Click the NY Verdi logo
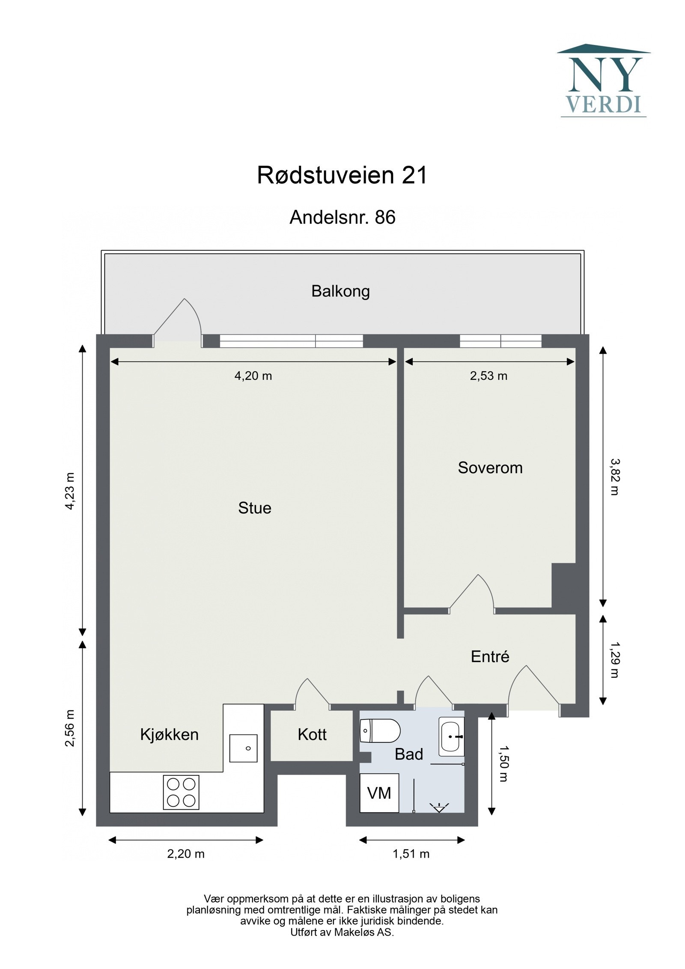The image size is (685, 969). tap(603, 81)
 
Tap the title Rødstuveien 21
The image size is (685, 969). tap(342, 176)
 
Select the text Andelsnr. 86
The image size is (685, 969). tap(342, 218)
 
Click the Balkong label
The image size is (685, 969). tap(340, 291)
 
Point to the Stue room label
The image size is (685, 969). tap(255, 508)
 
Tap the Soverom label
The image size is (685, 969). tap(490, 468)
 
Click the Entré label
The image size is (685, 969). tap(490, 656)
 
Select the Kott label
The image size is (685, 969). tap(312, 735)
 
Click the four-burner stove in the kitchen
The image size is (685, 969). tap(181, 792)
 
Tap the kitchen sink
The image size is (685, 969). tap(243, 748)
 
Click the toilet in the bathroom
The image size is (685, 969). tap(380, 730)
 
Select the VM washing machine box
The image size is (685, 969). tap(379, 793)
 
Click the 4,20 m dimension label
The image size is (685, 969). tap(253, 376)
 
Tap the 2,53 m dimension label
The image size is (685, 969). tap(488, 376)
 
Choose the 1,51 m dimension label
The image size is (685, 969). tap(411, 854)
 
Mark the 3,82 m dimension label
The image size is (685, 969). tap(614, 477)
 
